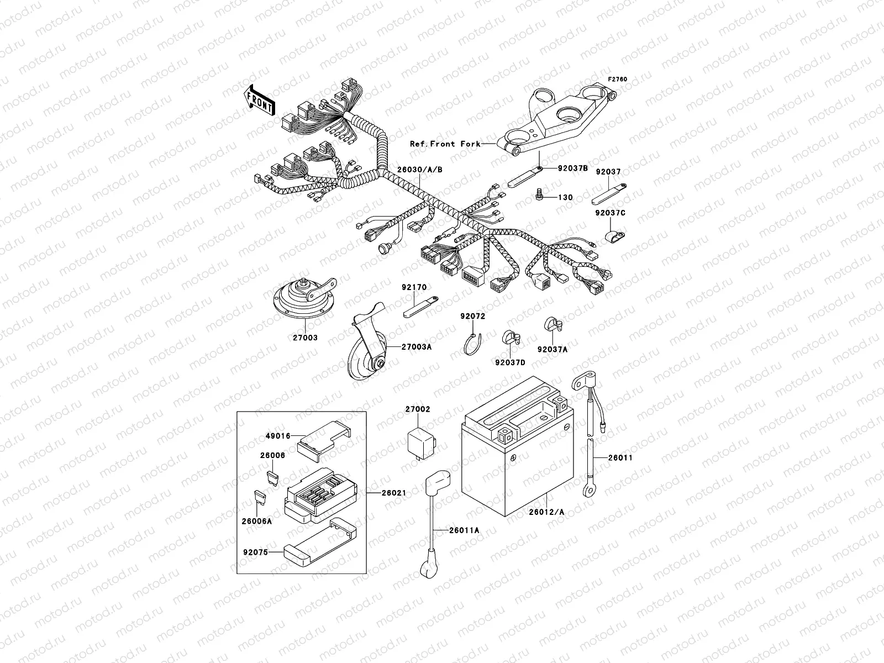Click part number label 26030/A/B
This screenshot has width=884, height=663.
click(x=419, y=169)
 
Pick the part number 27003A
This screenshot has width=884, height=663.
click(x=417, y=347)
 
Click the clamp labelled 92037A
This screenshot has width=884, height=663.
click(x=551, y=325)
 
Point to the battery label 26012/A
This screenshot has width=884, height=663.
click(x=547, y=512)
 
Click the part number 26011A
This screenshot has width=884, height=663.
click(x=464, y=530)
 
